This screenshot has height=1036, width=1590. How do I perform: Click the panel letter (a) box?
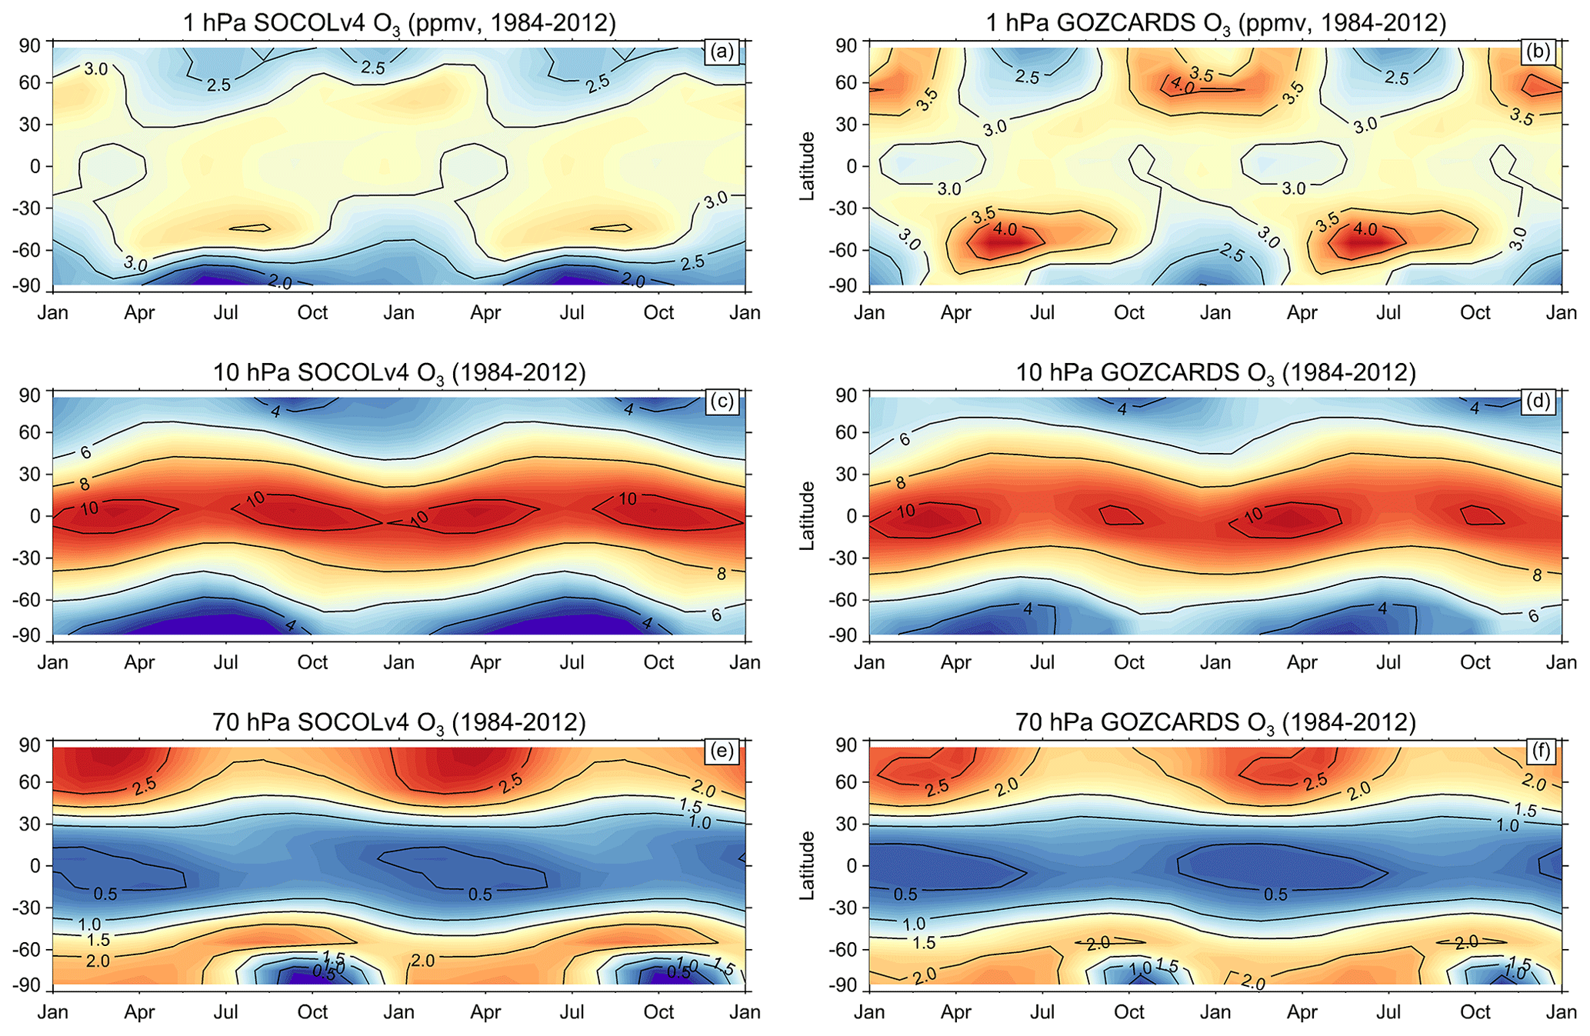722,52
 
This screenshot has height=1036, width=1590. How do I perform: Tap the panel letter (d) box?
1539,401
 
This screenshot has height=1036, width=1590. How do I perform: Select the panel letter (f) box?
1539,751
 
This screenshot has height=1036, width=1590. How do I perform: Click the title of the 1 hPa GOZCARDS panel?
1216,23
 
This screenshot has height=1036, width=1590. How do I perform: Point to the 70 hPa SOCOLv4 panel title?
399,723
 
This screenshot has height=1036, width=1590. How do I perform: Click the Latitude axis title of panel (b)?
807,166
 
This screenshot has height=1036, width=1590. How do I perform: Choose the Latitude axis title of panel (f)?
807,865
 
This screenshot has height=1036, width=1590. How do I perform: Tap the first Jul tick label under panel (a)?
226,313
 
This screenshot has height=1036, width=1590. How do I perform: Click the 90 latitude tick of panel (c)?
29,395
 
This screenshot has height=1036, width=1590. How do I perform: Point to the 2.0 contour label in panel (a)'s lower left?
280,283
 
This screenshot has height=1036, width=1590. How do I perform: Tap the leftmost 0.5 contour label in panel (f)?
905,894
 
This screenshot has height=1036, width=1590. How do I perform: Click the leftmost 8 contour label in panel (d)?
901,484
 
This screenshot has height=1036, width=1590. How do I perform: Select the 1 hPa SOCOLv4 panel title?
399,23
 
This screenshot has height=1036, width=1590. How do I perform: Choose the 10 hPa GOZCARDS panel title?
1216,373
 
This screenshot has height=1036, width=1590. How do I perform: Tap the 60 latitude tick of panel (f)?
847,782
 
